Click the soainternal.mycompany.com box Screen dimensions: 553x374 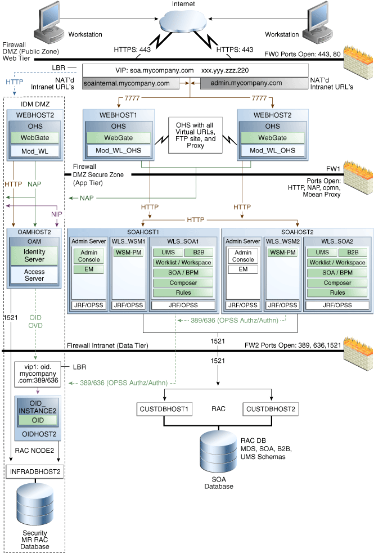click(131, 84)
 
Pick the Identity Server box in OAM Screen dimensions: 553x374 click(35, 256)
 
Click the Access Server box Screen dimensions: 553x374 click(35, 275)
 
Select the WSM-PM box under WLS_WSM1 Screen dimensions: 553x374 click(128, 253)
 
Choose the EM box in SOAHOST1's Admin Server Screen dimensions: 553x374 click(88, 269)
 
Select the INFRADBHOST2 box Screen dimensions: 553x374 click(35, 471)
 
